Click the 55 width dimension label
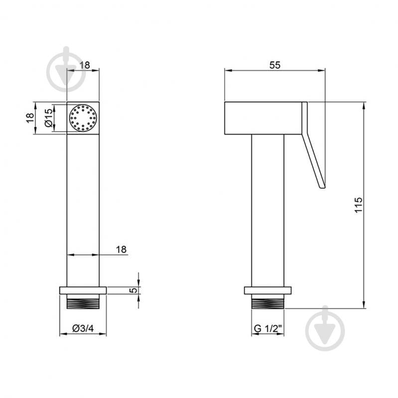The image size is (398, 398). click(x=274, y=65)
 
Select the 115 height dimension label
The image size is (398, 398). click(x=359, y=205)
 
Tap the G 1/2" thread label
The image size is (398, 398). click(x=268, y=328)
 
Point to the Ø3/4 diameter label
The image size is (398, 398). click(x=83, y=328)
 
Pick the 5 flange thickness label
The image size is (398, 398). click(x=133, y=290)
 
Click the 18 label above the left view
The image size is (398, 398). click(x=85, y=65)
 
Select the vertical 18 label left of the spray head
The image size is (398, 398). click(x=30, y=118)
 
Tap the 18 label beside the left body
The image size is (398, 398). click(x=122, y=249)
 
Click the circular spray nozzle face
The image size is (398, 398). click(x=83, y=118)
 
